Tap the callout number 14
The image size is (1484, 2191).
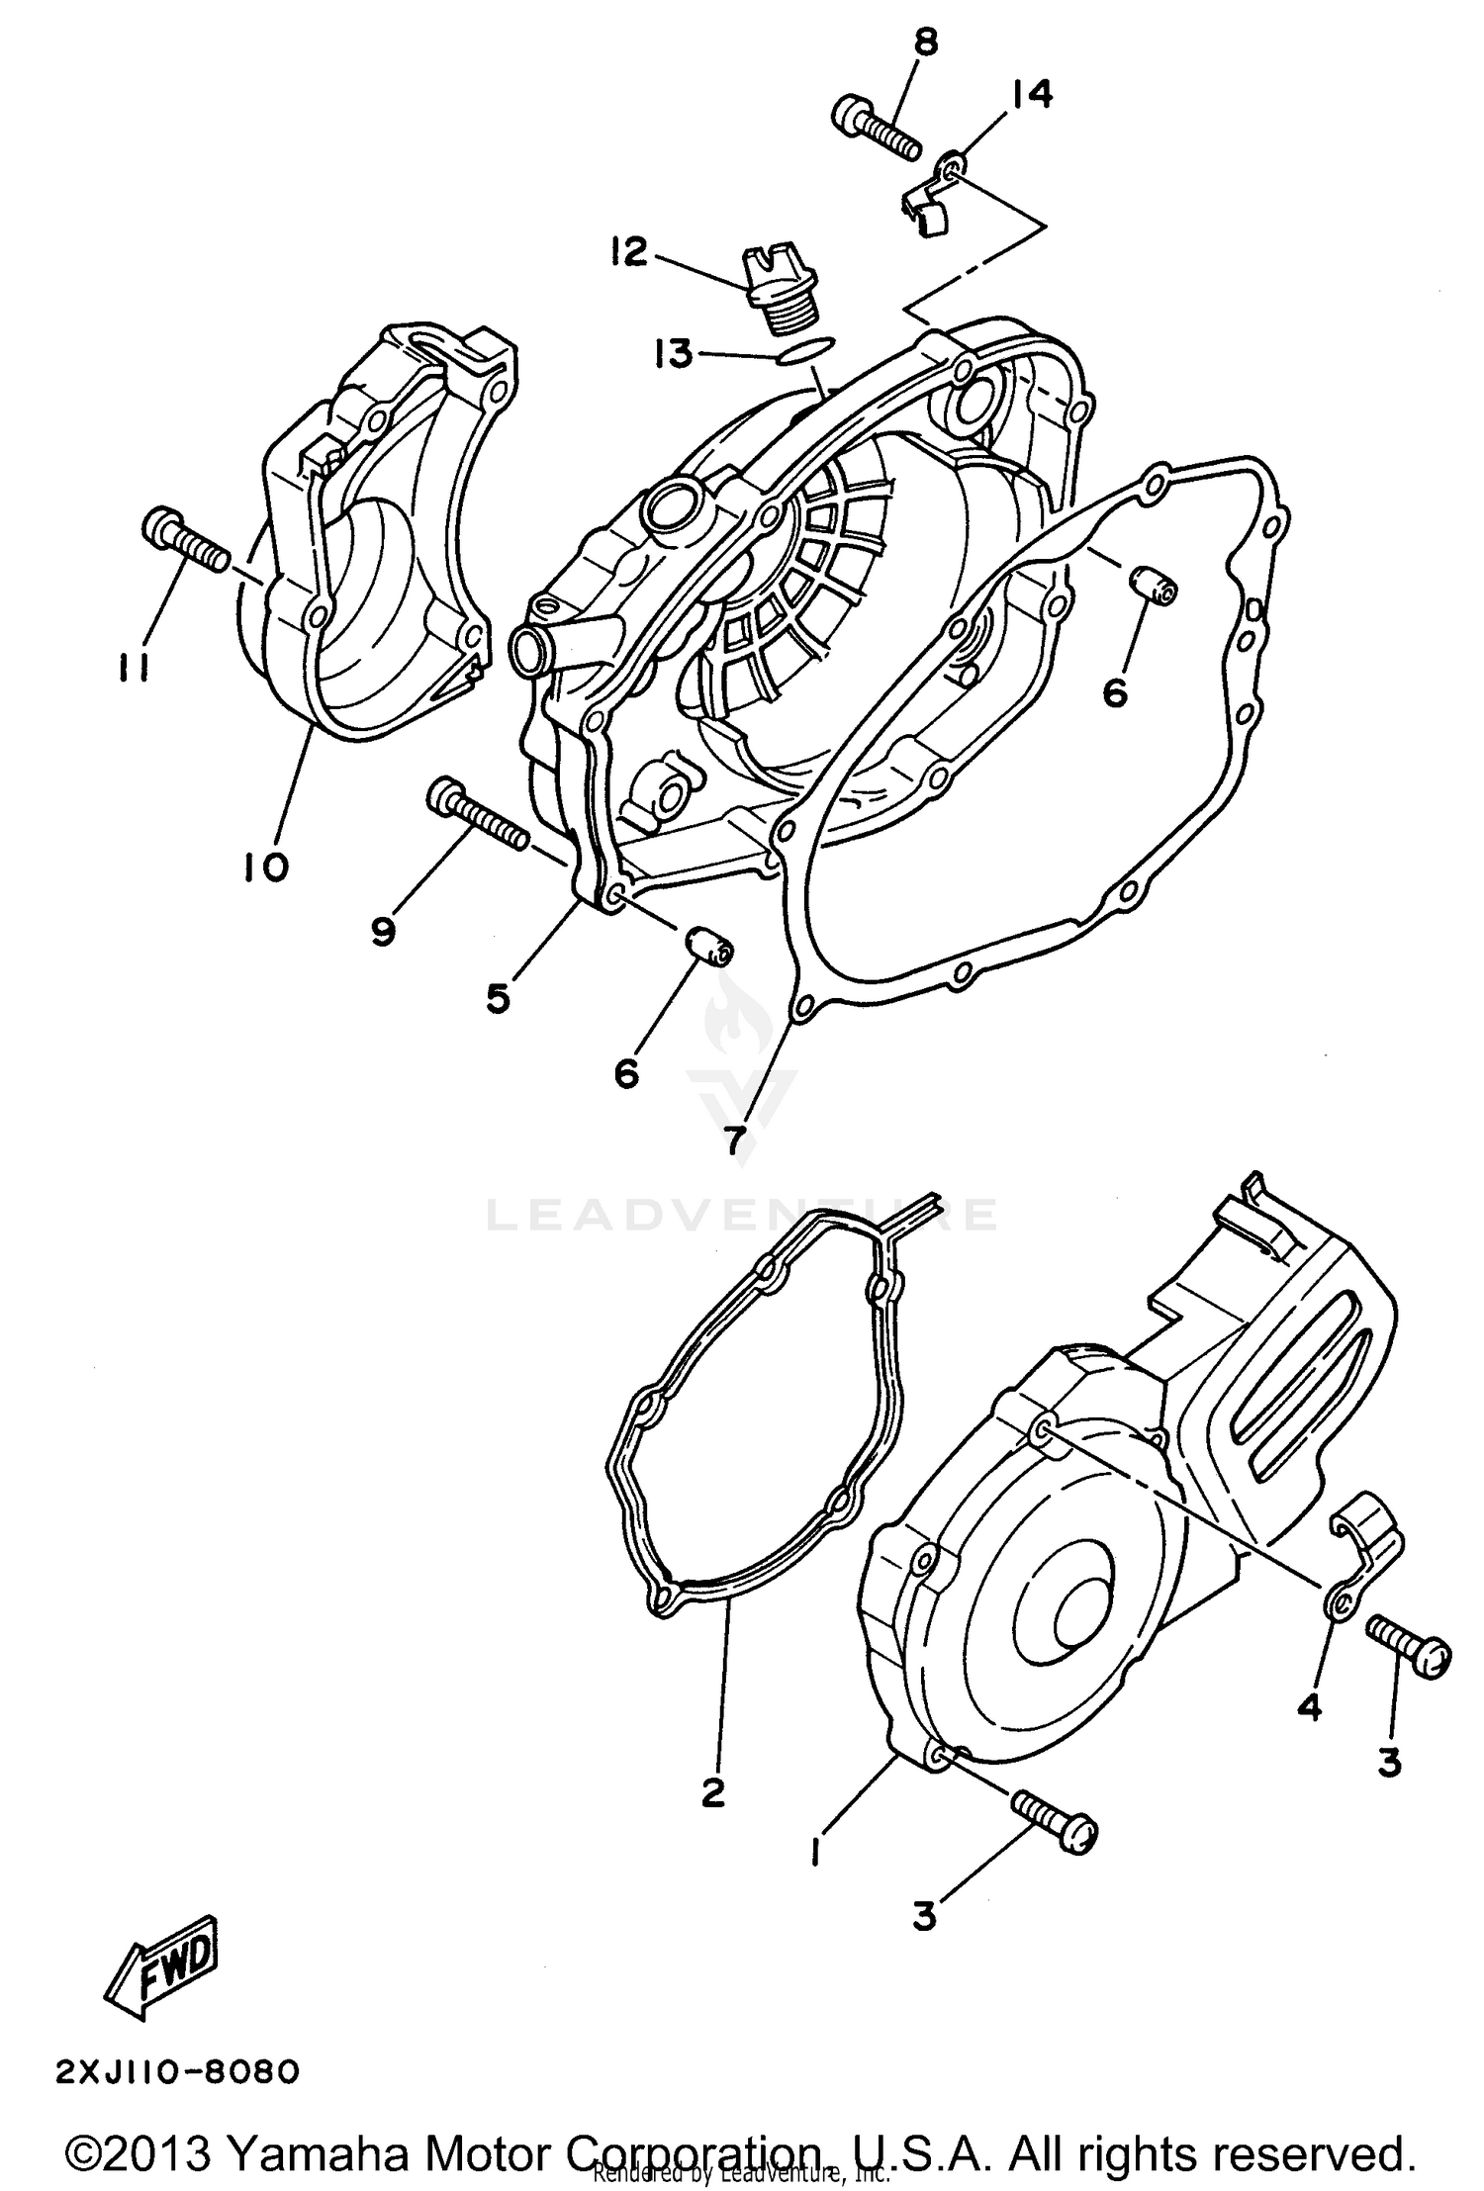1031,96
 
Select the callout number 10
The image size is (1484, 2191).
264,867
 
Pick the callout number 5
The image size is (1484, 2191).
498,998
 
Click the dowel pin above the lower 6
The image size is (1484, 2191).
707,942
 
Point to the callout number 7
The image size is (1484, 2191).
734,1141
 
